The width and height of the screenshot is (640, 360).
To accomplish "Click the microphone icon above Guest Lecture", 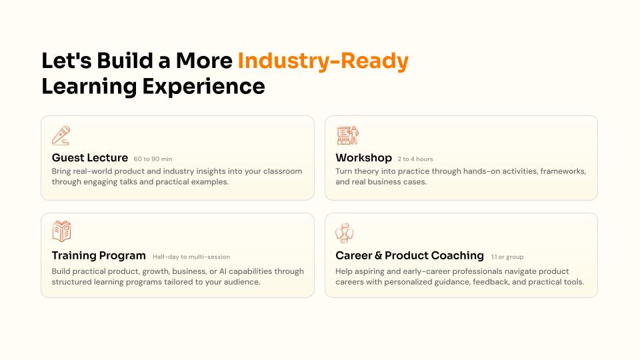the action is click(x=61, y=135).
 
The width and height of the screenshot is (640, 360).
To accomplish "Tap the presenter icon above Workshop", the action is click(x=348, y=135).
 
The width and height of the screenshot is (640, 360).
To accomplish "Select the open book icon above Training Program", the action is click(x=61, y=231).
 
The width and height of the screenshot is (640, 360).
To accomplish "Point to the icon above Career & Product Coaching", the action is click(x=345, y=233).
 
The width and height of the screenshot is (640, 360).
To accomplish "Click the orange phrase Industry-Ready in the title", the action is click(x=323, y=61).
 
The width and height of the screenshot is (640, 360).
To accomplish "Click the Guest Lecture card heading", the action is click(x=90, y=157).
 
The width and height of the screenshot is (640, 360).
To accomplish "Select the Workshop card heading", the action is click(x=364, y=157).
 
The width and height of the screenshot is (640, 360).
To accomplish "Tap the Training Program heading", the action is click(x=99, y=255).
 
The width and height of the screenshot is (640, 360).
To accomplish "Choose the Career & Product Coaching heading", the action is click(x=409, y=255).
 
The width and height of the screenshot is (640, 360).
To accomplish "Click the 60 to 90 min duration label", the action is click(x=153, y=159).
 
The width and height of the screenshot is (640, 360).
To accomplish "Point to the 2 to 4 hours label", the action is click(x=415, y=159).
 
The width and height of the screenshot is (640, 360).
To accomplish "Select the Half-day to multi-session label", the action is click(x=191, y=257).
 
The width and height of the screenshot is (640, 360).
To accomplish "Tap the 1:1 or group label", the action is click(x=507, y=257).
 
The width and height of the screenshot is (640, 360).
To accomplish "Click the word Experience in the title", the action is click(x=204, y=87).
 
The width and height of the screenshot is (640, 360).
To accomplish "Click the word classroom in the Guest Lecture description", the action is click(x=283, y=171).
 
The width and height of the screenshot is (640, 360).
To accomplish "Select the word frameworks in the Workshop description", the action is click(x=563, y=171).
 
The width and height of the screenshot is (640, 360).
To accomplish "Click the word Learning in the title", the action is click(x=89, y=87).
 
